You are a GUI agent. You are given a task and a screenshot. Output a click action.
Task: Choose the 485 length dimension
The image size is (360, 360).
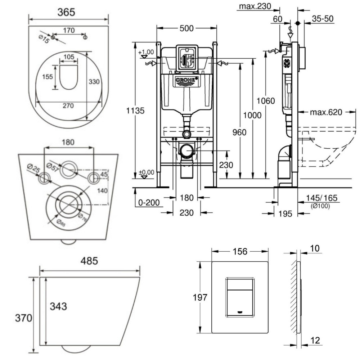click(x=89, y=261)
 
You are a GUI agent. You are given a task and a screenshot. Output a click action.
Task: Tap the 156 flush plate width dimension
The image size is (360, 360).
click(x=239, y=252)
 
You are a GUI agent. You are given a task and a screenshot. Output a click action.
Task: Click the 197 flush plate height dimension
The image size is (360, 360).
click(x=200, y=298)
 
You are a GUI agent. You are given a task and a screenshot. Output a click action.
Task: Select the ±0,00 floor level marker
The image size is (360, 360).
click(x=147, y=173)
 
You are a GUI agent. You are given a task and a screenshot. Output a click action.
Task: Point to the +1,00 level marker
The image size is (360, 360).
click(x=146, y=52)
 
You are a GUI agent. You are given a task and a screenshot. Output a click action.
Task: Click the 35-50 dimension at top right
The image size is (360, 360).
click(x=323, y=19)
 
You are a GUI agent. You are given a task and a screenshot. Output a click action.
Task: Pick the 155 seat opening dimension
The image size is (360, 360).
click(x=48, y=77)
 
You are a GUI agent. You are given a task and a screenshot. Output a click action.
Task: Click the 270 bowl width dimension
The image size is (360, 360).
click(x=68, y=106)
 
